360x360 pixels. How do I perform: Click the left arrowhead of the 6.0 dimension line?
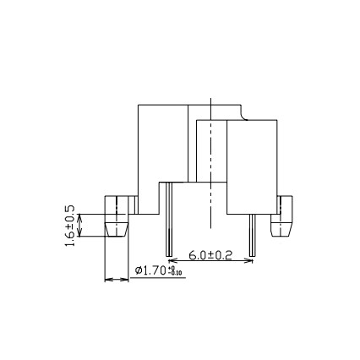tap(172, 259)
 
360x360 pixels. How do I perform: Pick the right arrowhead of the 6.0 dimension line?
tap(248, 259)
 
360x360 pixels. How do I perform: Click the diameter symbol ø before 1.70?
tap(139, 270)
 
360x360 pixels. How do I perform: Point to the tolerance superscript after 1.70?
tap(176, 270)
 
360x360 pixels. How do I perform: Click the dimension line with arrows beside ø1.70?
tap(116, 279)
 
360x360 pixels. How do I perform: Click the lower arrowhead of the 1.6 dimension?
tap(80, 234)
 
